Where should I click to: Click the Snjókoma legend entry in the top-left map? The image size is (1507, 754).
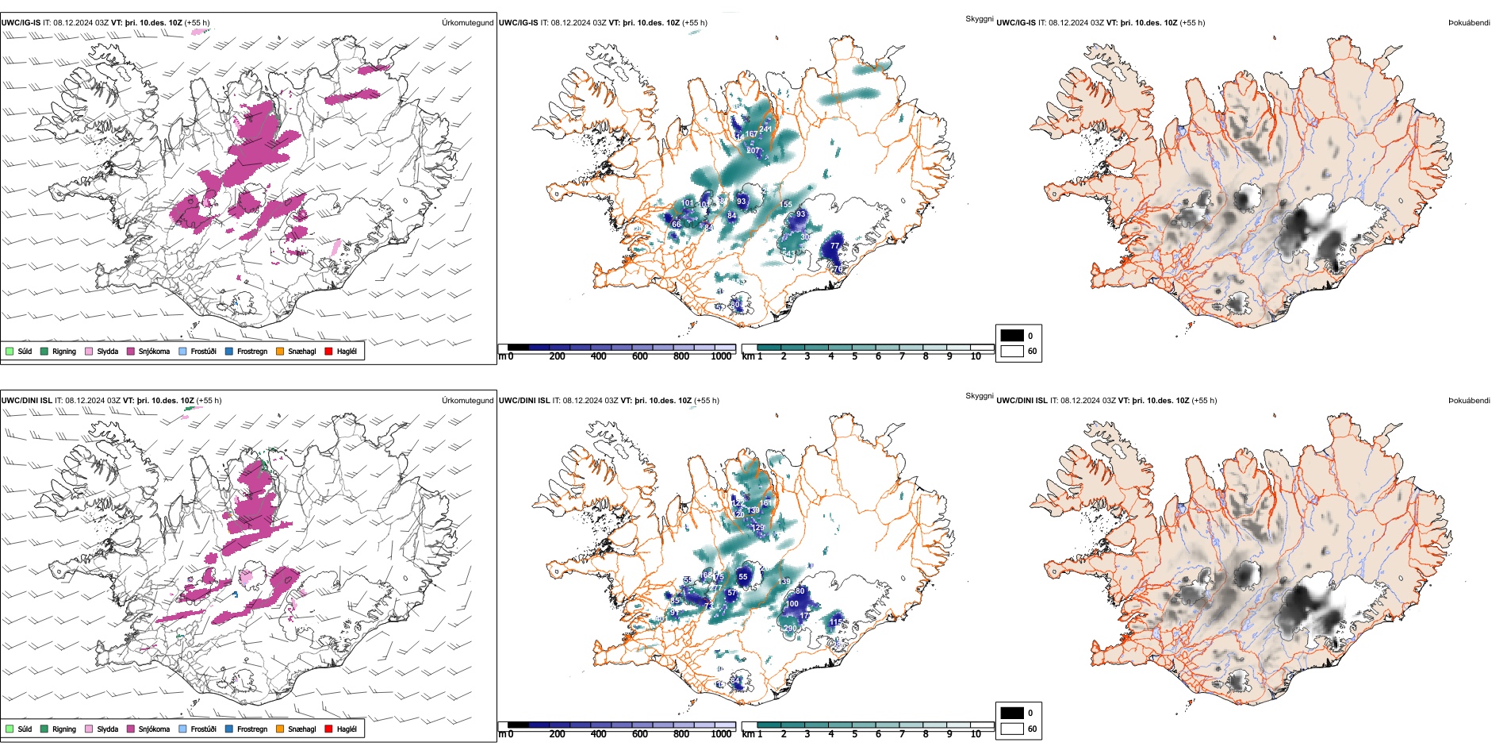[x=154, y=351]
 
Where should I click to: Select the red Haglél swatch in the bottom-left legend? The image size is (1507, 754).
[x=328, y=729]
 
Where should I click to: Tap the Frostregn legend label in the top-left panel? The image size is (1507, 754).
[x=251, y=351]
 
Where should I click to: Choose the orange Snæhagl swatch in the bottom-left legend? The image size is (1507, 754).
[x=280, y=729]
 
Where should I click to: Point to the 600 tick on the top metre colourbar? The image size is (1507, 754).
[x=640, y=356]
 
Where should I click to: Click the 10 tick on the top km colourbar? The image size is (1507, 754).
[x=976, y=356]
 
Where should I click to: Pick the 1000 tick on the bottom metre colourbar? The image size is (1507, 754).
[x=721, y=734]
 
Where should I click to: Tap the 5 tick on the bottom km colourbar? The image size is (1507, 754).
[x=854, y=734]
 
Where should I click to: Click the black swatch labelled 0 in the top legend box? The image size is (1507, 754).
[x=1012, y=335]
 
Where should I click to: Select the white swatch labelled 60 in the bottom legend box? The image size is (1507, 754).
[x=1012, y=729]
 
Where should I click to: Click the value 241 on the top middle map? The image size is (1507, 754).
[x=765, y=129]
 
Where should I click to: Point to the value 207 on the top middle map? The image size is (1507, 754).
[x=753, y=150]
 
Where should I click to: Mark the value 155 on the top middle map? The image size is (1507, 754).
[x=786, y=204]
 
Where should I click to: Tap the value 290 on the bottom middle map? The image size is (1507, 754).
[x=790, y=628]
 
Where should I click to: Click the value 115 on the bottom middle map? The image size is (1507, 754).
[x=836, y=623]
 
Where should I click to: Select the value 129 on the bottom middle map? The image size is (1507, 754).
[x=758, y=528]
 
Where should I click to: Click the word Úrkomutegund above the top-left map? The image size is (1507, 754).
[x=467, y=22]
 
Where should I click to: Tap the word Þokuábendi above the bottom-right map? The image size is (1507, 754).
[x=1469, y=400]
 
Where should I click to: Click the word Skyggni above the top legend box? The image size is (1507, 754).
[x=979, y=18]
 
